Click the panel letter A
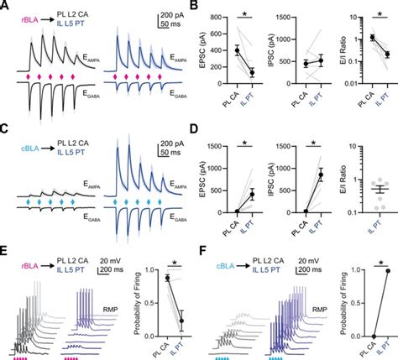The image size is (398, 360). pos(5,6)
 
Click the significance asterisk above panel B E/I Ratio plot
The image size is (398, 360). pos(375,16)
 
